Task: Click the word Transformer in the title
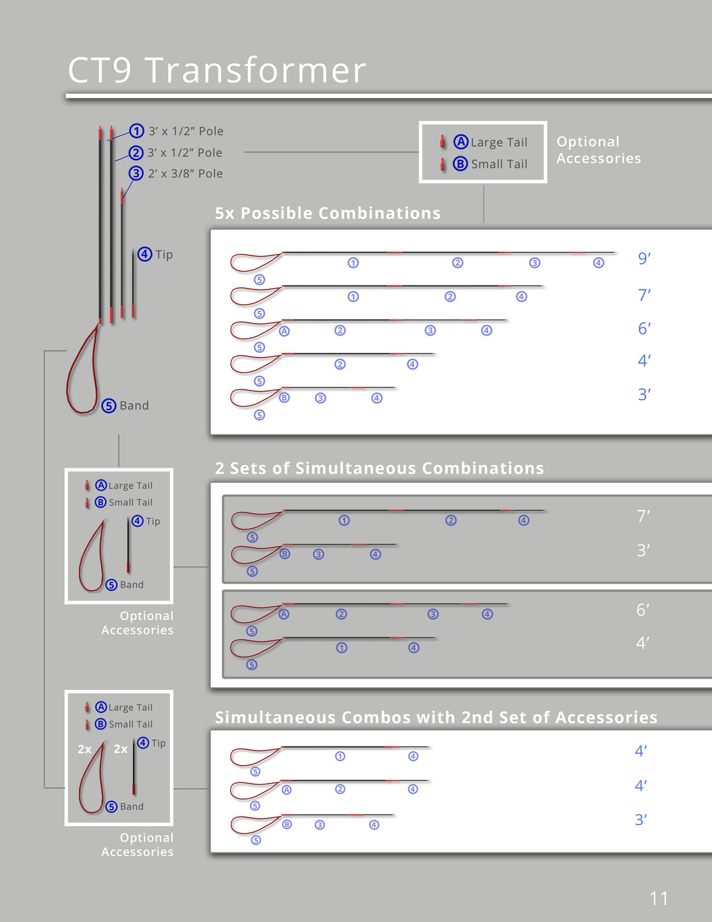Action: [x=255, y=70]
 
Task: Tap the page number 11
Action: [x=659, y=898]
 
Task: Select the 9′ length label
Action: [x=644, y=259]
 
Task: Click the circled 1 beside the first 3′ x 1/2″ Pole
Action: [x=136, y=131]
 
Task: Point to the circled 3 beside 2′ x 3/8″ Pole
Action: [x=136, y=173]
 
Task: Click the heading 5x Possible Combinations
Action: [x=328, y=213]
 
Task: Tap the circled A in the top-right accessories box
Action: [x=461, y=142]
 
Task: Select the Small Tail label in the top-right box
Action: [x=499, y=164]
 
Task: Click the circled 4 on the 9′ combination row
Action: [x=599, y=263]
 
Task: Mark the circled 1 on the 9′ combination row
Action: [x=353, y=263]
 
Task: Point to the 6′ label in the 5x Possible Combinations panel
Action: [x=644, y=328]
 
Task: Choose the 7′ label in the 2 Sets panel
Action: [x=643, y=516]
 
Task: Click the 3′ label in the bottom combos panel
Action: [x=641, y=820]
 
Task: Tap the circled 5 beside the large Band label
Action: [x=109, y=406]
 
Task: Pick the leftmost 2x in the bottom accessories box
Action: [x=84, y=749]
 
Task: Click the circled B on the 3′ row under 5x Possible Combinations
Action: [x=284, y=398]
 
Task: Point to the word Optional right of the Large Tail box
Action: [x=588, y=142]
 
